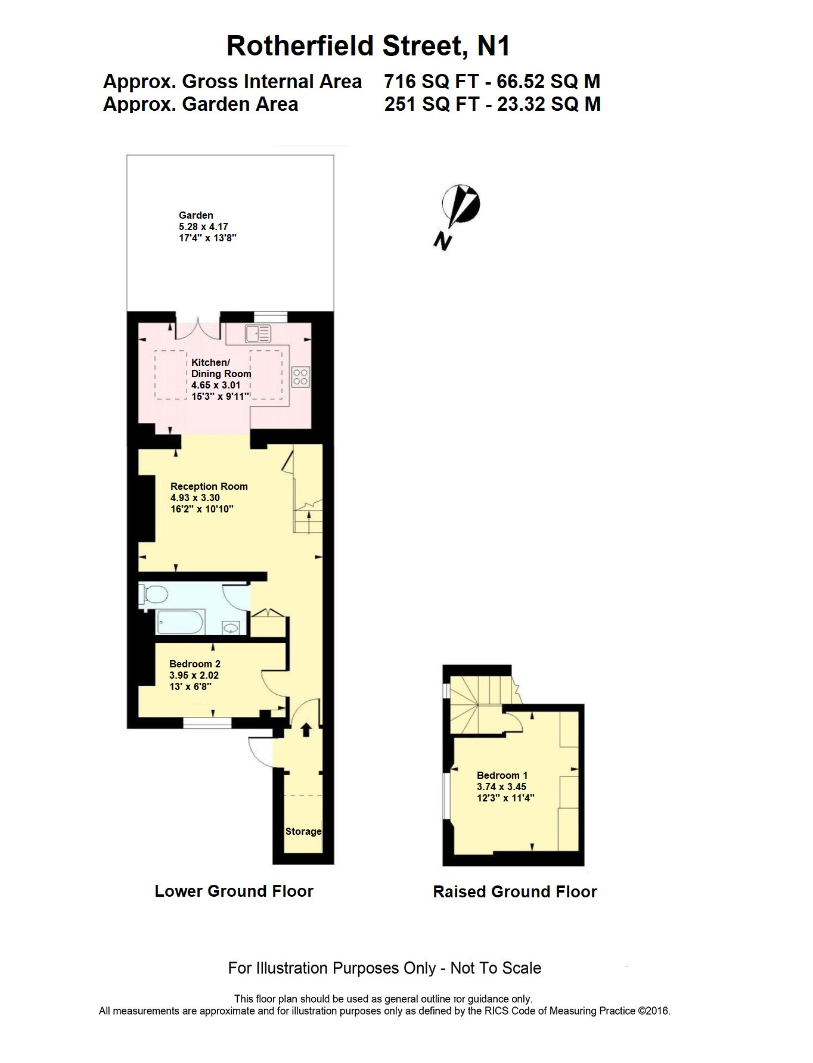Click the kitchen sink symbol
pyautogui.click(x=257, y=334)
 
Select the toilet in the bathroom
pyautogui.click(x=154, y=595)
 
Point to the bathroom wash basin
pyautogui.click(x=231, y=627)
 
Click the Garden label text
pyautogui.click(x=196, y=215)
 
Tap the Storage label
pyautogui.click(x=303, y=831)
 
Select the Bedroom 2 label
pyautogui.click(x=195, y=664)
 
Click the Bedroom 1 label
pyautogui.click(x=502, y=775)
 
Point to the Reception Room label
pyautogui.click(x=209, y=486)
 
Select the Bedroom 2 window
pyautogui.click(x=207, y=723)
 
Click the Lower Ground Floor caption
pyautogui.click(x=234, y=891)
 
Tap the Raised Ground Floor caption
pyautogui.click(x=515, y=892)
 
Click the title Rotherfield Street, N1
pyautogui.click(x=368, y=46)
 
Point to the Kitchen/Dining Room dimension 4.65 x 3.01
pyautogui.click(x=216, y=386)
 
